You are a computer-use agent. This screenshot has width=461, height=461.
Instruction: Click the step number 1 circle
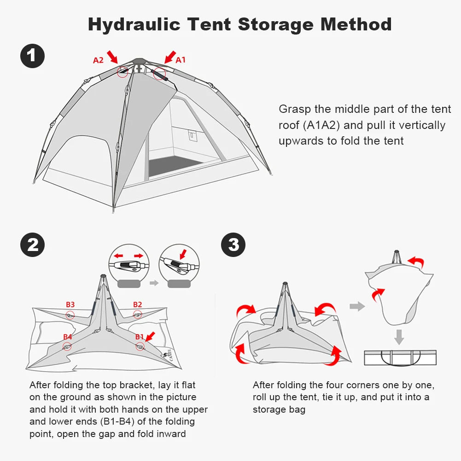33,56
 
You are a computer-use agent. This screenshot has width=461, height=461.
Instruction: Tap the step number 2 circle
33,245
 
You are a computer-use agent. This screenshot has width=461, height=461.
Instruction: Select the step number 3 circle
233,245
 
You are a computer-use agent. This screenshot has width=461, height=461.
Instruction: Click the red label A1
181,59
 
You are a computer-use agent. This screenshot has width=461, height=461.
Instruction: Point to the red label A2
98,60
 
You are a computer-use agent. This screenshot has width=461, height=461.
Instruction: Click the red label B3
70,304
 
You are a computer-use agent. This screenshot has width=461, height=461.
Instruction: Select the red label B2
137,304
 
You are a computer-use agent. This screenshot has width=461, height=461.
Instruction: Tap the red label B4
68,337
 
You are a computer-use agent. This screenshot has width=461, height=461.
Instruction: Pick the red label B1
139,337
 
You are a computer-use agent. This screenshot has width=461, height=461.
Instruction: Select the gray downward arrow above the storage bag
399,336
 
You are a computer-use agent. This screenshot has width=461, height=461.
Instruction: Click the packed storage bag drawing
400,357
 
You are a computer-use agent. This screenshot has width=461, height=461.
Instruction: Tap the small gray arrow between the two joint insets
154,283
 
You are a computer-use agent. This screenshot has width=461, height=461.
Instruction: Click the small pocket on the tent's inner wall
193,135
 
